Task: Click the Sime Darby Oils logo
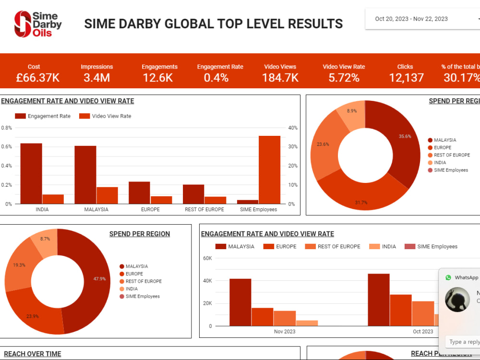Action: tap(38, 24)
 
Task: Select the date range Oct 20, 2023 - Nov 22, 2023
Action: tap(411, 19)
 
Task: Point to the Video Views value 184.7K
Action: tap(280, 78)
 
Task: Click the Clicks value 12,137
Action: tap(406, 78)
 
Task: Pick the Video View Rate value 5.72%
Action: tap(344, 78)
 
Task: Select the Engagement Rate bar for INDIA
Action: tap(31, 173)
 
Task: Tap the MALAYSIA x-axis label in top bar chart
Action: tap(96, 210)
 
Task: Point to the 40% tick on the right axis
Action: tap(293, 128)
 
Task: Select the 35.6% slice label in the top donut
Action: tap(405, 136)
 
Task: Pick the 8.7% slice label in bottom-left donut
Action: tap(45, 239)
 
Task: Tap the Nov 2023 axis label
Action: tap(285, 332)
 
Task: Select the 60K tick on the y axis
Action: tap(207, 258)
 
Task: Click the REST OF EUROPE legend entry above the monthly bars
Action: tap(339, 247)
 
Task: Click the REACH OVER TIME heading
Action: tap(33, 354)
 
